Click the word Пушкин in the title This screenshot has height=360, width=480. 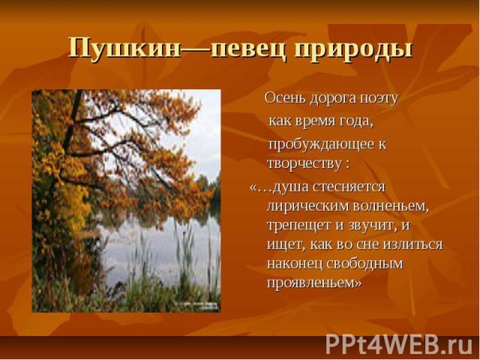click(x=125, y=48)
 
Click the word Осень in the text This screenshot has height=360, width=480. click(x=285, y=99)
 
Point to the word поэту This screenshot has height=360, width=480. click(x=379, y=99)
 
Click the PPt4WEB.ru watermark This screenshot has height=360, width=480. click(x=399, y=345)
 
